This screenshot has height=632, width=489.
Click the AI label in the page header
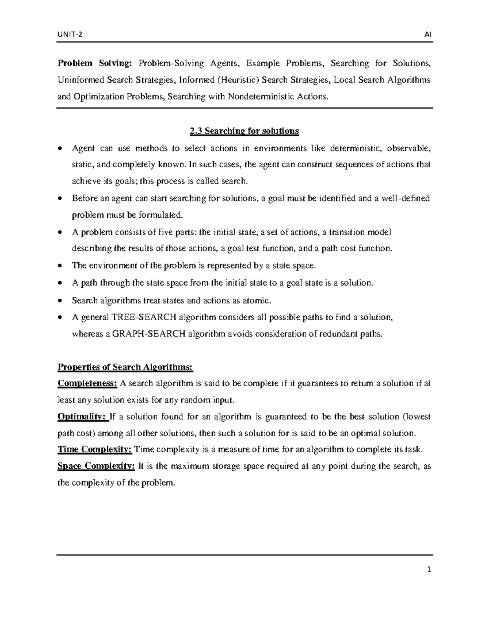[x=428, y=35]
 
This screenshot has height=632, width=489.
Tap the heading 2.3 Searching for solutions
[x=244, y=131]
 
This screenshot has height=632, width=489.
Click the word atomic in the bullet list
[x=256, y=300]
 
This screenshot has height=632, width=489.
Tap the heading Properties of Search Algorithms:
[x=125, y=367]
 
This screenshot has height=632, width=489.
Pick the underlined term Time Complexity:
[x=95, y=450]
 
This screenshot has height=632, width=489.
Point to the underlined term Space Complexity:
[x=96, y=466]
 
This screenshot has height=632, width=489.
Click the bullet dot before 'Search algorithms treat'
[x=60, y=301]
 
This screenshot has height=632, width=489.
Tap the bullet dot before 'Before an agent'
[x=60, y=199]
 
